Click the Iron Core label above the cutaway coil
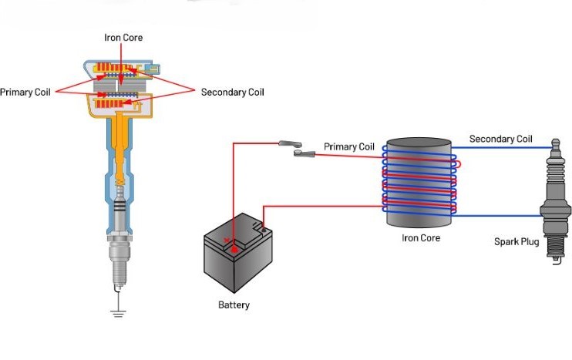(123, 37)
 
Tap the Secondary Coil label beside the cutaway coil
(232, 93)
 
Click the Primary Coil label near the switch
(349, 146)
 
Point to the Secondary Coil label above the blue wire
(500, 140)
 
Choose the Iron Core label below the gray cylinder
(421, 238)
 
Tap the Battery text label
(234, 305)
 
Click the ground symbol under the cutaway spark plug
(117, 312)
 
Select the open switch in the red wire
(296, 148)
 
